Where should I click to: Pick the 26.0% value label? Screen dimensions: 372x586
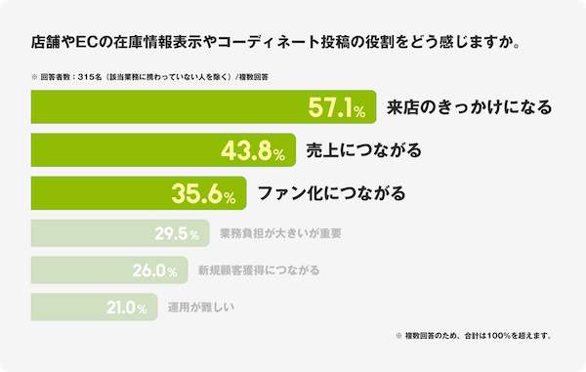(156, 270)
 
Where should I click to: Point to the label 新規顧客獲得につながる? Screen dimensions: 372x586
(258, 270)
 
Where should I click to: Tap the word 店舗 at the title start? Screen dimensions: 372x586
(45, 43)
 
